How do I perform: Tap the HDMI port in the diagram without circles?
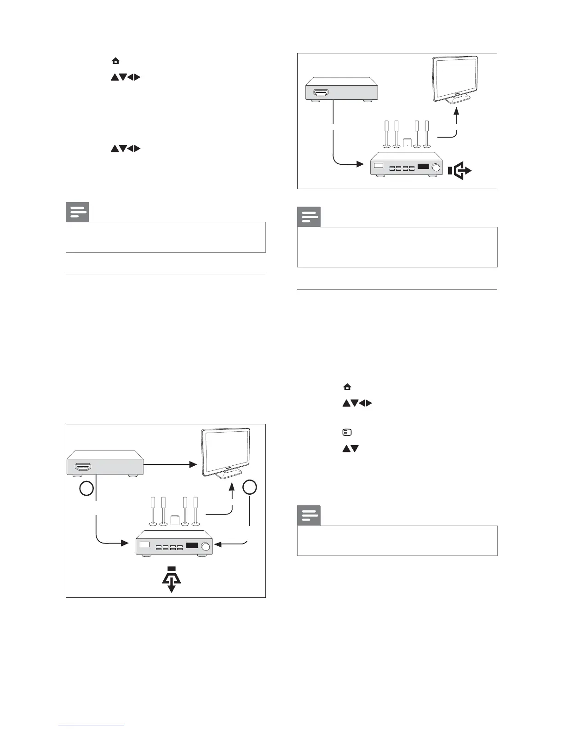pyautogui.click(x=321, y=93)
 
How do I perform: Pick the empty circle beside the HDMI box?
pyautogui.click(x=86, y=489)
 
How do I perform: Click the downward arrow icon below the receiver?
pyautogui.click(x=171, y=579)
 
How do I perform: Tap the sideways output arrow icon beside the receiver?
pyautogui.click(x=460, y=171)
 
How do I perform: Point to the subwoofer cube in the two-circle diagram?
pyautogui.click(x=175, y=520)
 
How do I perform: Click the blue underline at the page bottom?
pyautogui.click(x=92, y=725)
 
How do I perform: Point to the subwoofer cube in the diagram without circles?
pyautogui.click(x=407, y=143)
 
